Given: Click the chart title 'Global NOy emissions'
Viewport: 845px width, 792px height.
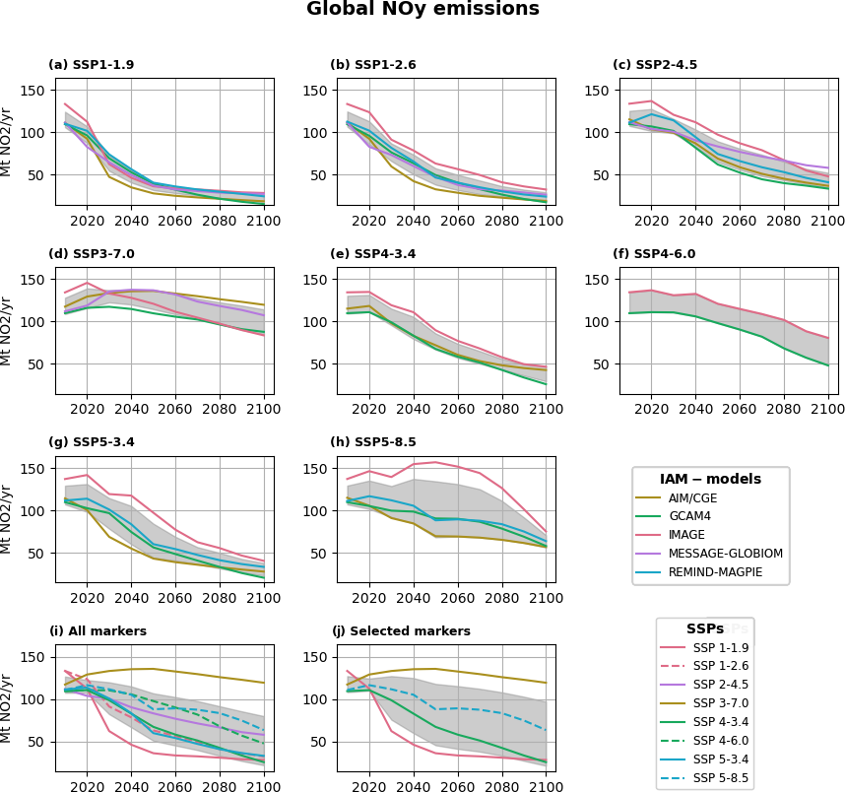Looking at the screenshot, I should tap(422, 10).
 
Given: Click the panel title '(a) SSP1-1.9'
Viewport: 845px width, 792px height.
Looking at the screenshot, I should tap(92, 65).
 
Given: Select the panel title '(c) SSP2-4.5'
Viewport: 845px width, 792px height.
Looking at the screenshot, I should tap(655, 65).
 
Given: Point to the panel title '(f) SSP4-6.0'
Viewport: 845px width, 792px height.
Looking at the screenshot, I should tap(654, 254).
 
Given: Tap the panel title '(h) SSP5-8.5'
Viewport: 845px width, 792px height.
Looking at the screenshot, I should tap(373, 443).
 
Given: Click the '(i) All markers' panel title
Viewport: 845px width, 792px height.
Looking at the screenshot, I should tap(97, 631).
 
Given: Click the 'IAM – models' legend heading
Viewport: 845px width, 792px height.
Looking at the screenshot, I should tap(710, 480).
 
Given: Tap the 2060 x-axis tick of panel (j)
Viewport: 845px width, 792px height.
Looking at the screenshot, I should tap(458, 784).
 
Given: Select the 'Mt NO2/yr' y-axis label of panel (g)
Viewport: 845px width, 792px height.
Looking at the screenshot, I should tap(7, 518).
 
